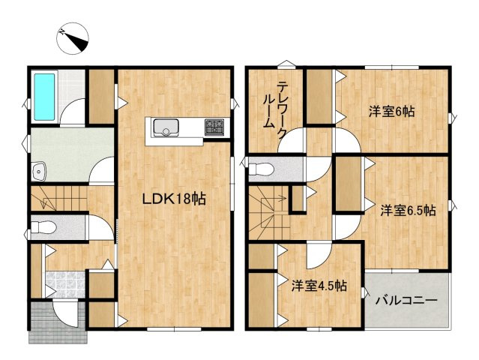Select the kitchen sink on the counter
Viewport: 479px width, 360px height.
(x=164, y=130)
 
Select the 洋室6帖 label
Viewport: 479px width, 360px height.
(x=392, y=112)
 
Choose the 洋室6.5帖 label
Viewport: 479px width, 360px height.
(x=407, y=211)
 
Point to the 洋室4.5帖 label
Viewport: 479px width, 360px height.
(x=319, y=285)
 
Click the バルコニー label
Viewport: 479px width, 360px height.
(x=406, y=301)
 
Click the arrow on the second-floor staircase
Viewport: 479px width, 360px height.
(x=278, y=199)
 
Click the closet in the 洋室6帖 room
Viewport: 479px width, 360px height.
(x=321, y=98)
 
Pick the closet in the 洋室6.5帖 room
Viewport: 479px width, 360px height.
(x=346, y=184)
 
